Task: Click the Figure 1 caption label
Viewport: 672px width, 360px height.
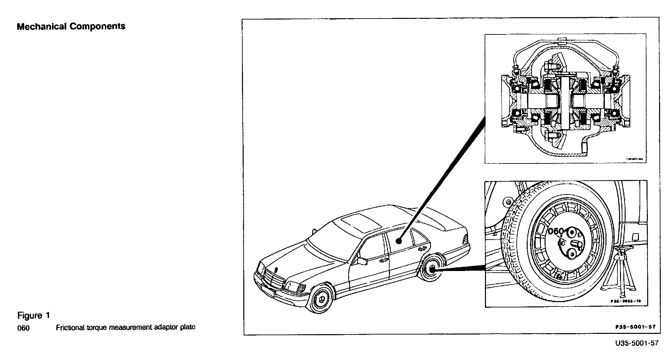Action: (x=33, y=316)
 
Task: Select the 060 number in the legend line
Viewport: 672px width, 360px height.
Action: (x=23, y=328)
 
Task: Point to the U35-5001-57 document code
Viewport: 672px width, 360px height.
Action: (x=637, y=343)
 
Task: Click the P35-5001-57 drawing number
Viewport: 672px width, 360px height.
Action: (x=636, y=327)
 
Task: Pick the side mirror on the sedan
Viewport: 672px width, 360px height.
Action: (x=362, y=261)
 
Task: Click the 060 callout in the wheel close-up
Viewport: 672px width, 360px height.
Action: (x=556, y=231)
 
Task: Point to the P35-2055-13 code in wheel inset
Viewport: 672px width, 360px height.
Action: (x=626, y=301)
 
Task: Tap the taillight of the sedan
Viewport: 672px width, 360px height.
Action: (x=465, y=239)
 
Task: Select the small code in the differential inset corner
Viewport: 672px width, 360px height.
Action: (x=634, y=159)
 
